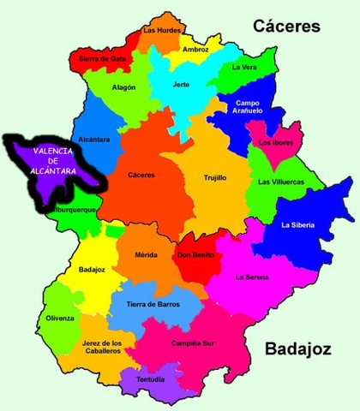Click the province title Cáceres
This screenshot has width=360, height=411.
coord(286,27)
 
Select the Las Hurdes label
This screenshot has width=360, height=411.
coord(161,30)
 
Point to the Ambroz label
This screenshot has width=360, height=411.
coord(195,50)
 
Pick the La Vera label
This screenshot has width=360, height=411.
coord(245,67)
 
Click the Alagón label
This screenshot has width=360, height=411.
coord(123,87)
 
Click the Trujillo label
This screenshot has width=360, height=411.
coord(215,178)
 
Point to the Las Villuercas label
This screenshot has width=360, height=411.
coord(280,182)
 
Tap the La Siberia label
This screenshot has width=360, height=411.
coord(297,225)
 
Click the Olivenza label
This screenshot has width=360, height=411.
coord(61,318)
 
